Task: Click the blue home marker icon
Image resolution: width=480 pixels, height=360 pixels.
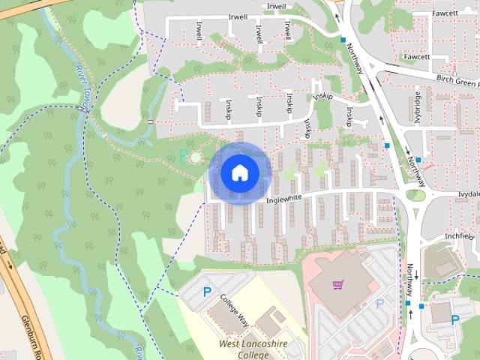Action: [239, 172]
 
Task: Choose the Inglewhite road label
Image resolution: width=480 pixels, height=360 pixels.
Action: [284, 199]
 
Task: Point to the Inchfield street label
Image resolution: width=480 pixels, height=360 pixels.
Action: [460, 235]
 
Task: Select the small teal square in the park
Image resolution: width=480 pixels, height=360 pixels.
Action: [184, 155]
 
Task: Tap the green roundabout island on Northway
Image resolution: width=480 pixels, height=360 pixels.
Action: [415, 196]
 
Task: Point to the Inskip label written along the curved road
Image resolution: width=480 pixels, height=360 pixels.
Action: [323, 97]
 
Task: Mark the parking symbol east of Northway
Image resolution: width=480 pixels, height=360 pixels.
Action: [454, 319]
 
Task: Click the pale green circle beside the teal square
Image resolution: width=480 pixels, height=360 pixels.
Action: [196, 158]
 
